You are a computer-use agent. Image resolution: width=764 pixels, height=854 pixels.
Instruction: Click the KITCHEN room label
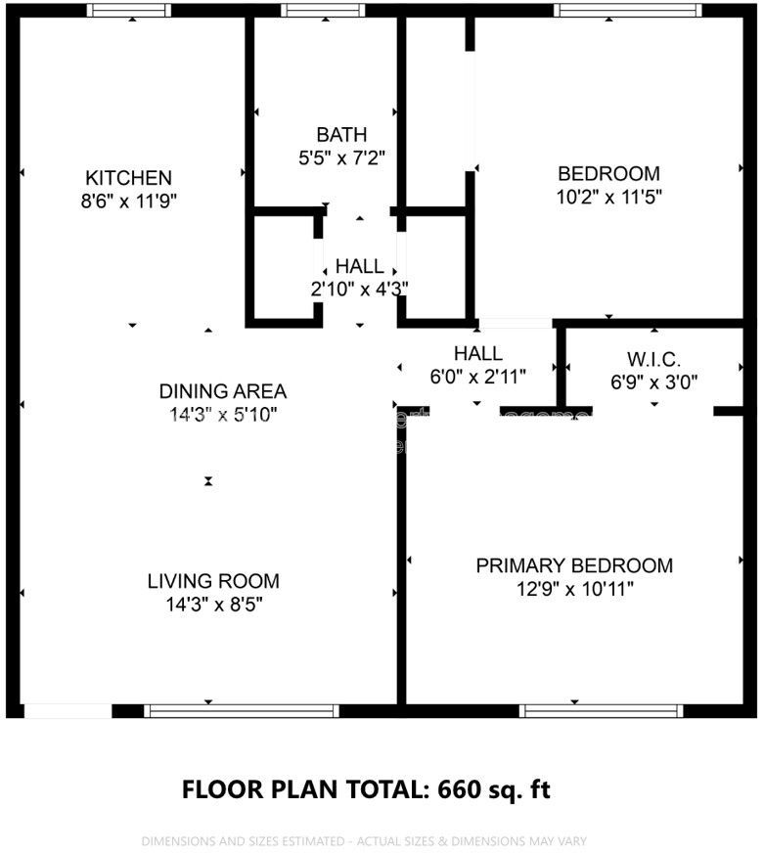pyautogui.click(x=129, y=178)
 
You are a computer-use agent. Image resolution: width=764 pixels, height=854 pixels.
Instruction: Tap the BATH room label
pyautogui.click(x=341, y=135)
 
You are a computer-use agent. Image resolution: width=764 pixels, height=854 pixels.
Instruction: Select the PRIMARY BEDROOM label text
pyautogui.click(x=574, y=565)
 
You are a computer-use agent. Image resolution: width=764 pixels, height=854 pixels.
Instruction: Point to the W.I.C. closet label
pyautogui.click(x=653, y=358)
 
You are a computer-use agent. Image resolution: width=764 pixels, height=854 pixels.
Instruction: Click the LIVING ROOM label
pyautogui.click(x=213, y=581)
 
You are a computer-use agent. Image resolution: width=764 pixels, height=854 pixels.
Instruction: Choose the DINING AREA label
pyautogui.click(x=223, y=391)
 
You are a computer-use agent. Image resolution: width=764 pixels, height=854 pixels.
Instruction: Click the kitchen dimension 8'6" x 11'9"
pyautogui.click(x=129, y=201)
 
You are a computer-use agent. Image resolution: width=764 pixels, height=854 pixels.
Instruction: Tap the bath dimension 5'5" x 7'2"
pyautogui.click(x=341, y=157)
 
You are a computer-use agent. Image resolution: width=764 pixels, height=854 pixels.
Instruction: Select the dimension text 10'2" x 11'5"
pyautogui.click(x=608, y=197)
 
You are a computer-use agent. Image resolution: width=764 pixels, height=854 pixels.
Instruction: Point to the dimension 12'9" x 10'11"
pyautogui.click(x=574, y=589)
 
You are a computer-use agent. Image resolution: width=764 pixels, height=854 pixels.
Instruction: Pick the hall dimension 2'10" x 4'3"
pyautogui.click(x=359, y=289)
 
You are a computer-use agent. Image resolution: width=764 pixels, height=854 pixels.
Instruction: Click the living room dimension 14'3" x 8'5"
pyautogui.click(x=213, y=605)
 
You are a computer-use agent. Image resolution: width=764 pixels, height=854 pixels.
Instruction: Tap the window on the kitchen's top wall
pyautogui.click(x=128, y=10)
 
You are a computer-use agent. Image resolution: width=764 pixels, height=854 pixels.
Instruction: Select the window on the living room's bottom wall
pyautogui.click(x=241, y=711)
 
